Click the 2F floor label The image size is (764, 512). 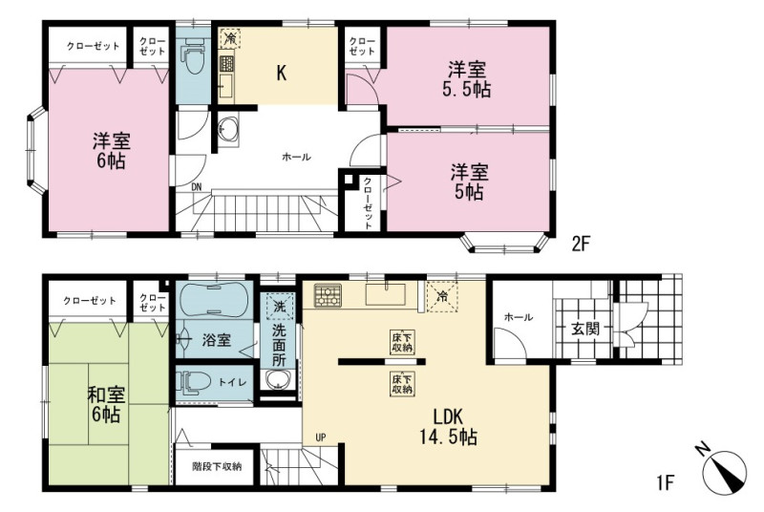[x=580, y=244]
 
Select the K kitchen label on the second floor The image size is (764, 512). [x=281, y=73]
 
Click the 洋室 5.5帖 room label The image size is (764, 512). [x=469, y=80]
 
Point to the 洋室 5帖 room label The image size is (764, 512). [x=469, y=182]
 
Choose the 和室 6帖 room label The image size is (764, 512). [x=106, y=404]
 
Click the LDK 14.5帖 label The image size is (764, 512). [x=448, y=427]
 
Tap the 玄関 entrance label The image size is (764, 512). [x=584, y=329]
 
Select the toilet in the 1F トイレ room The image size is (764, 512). [x=194, y=381]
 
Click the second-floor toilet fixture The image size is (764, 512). [x=194, y=58]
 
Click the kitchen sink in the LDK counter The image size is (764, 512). [x=386, y=294]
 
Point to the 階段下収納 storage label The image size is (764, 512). [x=217, y=466]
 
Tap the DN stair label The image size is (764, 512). [x=197, y=186]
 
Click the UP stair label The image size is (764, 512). [x=320, y=437]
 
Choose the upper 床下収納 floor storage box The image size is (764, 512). [x=402, y=342]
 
